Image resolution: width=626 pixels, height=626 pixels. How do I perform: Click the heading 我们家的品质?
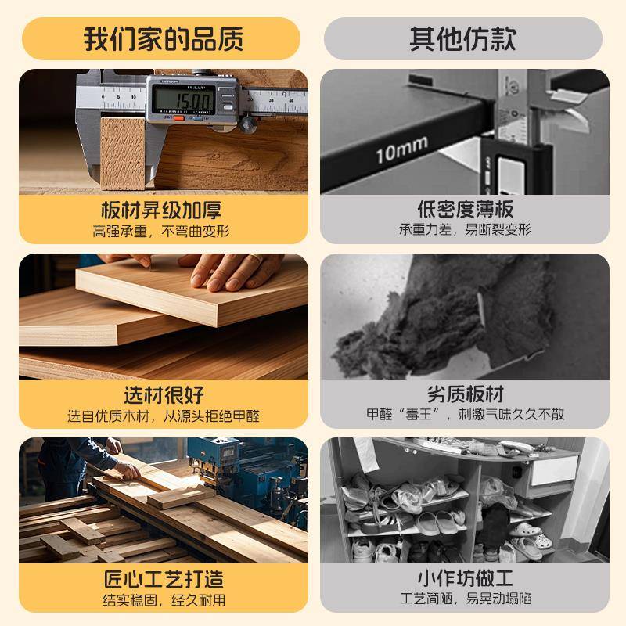point(164,38)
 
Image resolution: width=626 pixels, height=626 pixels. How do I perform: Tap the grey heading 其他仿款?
point(462,38)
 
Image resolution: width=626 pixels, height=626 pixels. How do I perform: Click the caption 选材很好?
point(163,394)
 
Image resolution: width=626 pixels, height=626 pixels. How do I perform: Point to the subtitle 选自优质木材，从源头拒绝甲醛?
point(163,416)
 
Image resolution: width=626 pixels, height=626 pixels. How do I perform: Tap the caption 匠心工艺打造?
point(163,579)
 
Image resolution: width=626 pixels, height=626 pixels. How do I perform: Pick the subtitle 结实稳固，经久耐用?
point(163,600)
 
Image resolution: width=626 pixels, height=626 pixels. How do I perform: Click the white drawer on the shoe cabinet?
point(551,470)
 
